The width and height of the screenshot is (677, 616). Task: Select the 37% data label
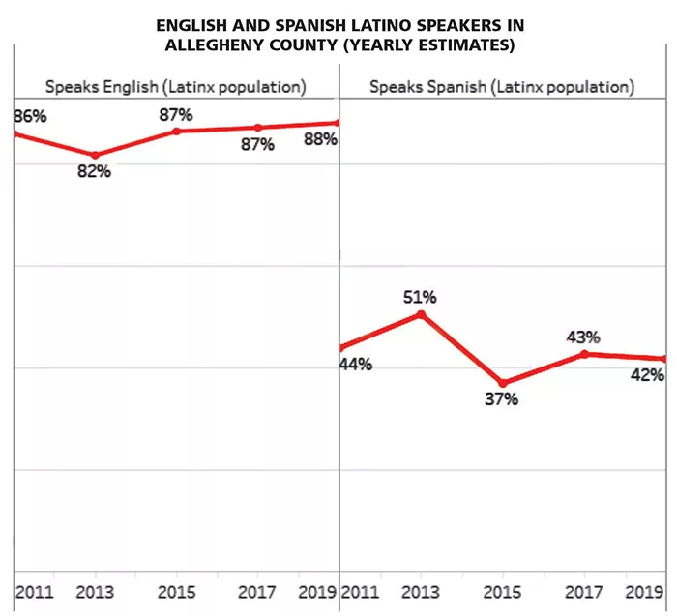[502, 398]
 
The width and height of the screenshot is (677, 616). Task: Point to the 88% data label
[318, 138]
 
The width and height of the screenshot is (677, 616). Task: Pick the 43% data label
[583, 337]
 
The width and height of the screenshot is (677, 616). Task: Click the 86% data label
[30, 117]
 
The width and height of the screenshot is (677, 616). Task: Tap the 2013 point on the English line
[95, 155]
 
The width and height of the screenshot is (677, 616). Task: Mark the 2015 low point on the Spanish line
[502, 383]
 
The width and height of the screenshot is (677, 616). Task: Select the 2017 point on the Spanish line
[583, 353]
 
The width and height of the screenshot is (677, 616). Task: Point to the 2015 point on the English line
[176, 130]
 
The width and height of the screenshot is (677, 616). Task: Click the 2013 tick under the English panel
[95, 591]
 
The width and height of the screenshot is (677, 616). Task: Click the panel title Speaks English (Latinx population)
[176, 87]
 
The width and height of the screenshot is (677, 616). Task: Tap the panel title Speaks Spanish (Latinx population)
[502, 87]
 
